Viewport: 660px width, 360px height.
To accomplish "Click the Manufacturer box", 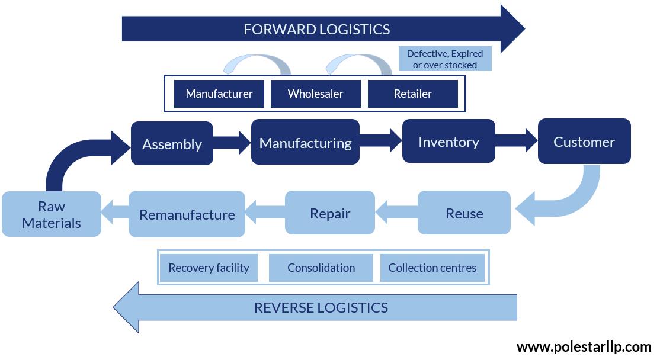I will coord(219,94).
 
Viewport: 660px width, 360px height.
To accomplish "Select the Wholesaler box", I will coord(315,94).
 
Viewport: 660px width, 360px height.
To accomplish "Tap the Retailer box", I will coord(412,94).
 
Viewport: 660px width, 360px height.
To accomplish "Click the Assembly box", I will coord(172,144).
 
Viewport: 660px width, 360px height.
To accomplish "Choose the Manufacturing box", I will coord(305,143).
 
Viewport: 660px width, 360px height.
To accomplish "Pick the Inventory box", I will coord(448,142).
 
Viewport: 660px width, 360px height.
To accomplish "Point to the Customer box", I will coord(584,142).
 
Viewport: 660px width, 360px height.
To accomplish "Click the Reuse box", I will coord(464,213).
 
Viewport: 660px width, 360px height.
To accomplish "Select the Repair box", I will coord(330,213).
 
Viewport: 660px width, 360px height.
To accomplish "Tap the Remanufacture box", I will coord(187,214).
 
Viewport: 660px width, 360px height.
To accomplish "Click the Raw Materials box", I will coord(52,214).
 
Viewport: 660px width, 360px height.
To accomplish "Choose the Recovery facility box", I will coord(209,268).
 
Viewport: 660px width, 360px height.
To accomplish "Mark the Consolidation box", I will coord(321,268).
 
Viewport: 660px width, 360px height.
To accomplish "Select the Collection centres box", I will coord(432,268).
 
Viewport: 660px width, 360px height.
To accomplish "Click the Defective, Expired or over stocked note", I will coord(445,59).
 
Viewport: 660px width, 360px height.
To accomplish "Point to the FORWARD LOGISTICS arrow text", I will coord(316,29).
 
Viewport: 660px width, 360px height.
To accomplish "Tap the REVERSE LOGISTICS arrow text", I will coord(321,307).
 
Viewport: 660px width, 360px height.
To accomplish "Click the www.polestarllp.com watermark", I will coord(584,346).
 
